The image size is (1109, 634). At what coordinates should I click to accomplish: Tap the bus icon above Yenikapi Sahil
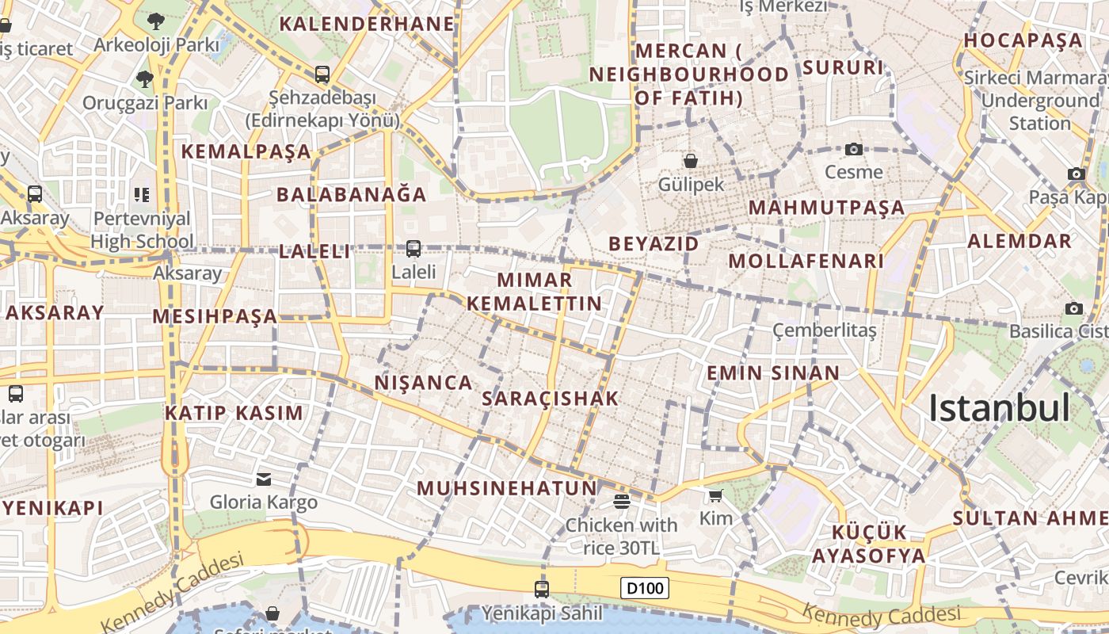542,589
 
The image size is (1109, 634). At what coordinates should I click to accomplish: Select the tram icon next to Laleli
413,249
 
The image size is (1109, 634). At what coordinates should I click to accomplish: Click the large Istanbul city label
999,408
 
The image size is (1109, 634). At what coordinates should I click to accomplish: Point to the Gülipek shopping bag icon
691,161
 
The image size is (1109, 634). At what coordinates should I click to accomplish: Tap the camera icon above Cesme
853,148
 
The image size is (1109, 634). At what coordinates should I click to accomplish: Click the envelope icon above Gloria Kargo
263,479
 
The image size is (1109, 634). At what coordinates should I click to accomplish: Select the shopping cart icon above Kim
715,495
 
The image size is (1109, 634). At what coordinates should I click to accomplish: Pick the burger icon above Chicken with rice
621,501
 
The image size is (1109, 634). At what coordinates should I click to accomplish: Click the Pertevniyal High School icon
142,194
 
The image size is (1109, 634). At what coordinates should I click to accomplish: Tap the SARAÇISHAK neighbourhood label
550,399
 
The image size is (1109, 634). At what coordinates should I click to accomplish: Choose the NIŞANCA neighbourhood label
423,383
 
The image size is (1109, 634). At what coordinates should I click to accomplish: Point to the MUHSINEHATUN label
507,488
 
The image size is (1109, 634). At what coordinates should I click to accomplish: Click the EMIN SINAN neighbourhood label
772,373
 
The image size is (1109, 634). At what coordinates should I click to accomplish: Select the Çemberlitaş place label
825,330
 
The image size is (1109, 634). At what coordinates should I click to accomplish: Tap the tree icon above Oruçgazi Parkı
144,78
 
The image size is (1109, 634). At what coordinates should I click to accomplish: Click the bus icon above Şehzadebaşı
322,74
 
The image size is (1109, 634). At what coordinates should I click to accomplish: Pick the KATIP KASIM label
234,413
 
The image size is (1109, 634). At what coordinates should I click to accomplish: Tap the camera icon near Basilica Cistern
1074,308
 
